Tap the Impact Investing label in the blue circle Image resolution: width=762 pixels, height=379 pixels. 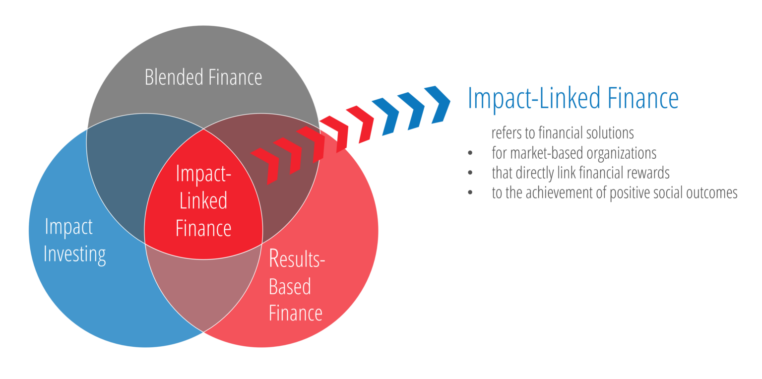point(74,241)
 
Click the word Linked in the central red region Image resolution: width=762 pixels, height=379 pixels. point(203,201)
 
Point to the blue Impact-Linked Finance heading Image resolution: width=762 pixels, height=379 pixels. point(573,98)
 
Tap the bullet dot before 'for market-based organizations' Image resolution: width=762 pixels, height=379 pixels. point(470,153)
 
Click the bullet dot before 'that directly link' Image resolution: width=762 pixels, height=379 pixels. point(470,173)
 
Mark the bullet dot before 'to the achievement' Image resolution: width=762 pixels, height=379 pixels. point(470,193)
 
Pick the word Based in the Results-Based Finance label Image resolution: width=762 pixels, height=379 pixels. point(290,287)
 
